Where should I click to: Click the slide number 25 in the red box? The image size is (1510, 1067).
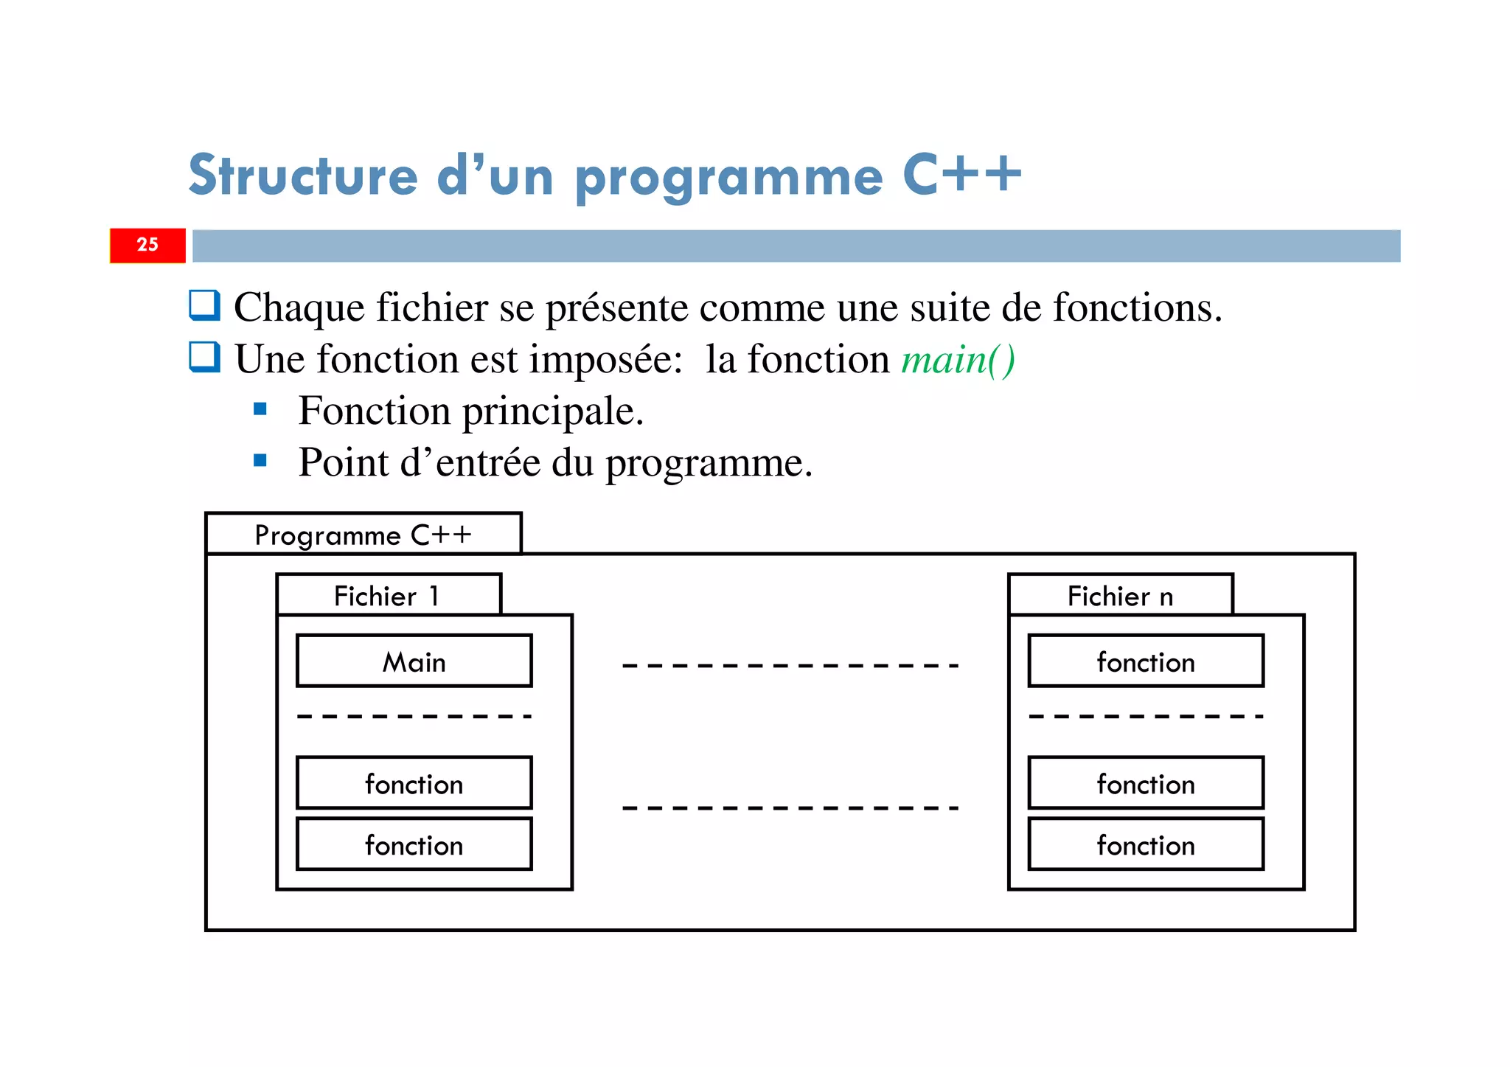147,245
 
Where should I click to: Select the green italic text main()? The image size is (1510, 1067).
958,361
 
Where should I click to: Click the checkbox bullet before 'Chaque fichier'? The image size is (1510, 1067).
204,305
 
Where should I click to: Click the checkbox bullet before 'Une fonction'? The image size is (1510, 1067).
204,357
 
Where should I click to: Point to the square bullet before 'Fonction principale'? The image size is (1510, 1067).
260,409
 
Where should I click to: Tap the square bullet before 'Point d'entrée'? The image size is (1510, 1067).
260,461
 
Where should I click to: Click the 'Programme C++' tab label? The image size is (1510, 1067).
363,535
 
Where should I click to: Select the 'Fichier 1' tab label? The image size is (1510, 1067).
388,596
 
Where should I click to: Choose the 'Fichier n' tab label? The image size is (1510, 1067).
1120,596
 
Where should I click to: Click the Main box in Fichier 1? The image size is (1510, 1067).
414,661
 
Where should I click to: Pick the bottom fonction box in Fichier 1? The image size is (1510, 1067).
414,844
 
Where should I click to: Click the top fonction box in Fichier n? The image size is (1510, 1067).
1145,661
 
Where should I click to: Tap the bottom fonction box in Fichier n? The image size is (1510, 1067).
1145,844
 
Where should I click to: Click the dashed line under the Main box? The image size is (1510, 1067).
414,716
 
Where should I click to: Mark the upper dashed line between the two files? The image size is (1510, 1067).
790,666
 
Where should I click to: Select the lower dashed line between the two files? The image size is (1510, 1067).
790,808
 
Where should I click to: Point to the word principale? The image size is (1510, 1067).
552,412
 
